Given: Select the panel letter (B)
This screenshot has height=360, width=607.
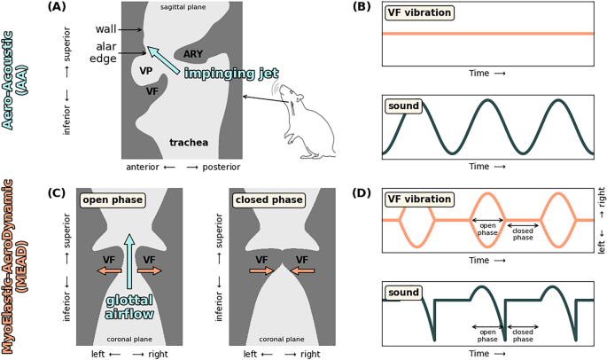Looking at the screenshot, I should point(362,8).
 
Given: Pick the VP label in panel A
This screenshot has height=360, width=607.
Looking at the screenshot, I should point(148,69).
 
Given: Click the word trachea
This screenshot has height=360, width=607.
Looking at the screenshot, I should point(191,142).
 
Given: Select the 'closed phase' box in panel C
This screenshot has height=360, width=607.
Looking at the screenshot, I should point(262,200).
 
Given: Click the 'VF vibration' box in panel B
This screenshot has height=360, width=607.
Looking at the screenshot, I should point(417,13).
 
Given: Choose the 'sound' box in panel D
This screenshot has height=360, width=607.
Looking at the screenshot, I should point(404,290).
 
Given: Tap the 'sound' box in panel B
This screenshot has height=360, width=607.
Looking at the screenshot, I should point(404,106).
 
